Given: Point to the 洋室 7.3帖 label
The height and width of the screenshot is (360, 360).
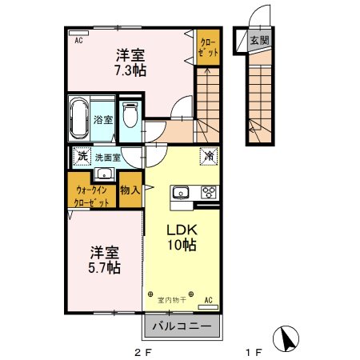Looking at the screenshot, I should tap(130, 62).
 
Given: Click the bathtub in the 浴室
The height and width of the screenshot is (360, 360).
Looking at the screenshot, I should tap(80, 118).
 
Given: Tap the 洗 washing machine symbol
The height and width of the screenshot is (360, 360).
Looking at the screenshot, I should tap(80, 157).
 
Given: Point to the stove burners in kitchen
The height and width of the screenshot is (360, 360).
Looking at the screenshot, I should tap(208, 192).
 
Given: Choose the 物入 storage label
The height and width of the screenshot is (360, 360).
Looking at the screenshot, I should tap(130, 190).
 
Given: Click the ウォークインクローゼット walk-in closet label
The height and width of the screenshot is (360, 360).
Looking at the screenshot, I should tap(93, 196).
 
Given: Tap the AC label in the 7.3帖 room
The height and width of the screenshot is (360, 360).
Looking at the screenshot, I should tap(78, 39).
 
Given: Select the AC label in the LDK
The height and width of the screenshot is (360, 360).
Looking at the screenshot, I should tap(208, 300).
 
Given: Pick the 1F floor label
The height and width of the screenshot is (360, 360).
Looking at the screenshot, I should tap(253, 351).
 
